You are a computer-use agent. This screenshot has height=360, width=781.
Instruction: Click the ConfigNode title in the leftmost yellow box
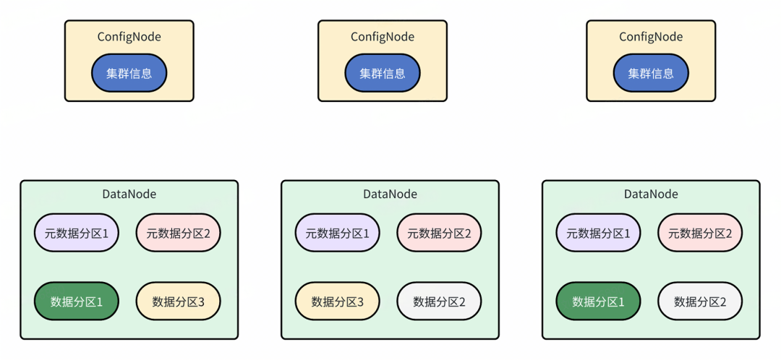[x=129, y=37]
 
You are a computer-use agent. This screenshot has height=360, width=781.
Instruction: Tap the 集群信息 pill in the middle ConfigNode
[x=383, y=74]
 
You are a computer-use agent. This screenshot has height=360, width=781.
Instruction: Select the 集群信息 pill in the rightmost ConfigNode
[x=651, y=74]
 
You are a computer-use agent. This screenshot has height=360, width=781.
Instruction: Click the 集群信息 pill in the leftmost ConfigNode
[x=129, y=74]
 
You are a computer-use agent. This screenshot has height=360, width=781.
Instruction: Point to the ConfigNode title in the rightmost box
[x=651, y=37]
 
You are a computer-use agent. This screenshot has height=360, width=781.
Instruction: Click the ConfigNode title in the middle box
[x=383, y=37]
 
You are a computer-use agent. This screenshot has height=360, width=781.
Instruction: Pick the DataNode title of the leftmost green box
[x=129, y=194]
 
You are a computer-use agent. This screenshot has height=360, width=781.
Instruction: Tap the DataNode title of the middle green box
[x=390, y=194]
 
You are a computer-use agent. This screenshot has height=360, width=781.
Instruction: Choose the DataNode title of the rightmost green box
[x=651, y=194]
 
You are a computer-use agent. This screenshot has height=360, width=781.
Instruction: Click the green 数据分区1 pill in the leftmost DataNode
[x=77, y=301]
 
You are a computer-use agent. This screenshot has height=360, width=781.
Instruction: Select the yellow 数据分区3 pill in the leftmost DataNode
[x=178, y=301]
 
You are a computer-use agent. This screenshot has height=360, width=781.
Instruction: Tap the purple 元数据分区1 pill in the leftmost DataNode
[x=77, y=233]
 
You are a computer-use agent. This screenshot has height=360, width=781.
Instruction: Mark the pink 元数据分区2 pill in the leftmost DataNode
[x=178, y=233]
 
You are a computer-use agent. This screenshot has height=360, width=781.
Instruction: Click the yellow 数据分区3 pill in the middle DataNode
[x=337, y=301]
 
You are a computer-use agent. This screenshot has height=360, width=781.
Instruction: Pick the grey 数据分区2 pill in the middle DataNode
[x=439, y=301]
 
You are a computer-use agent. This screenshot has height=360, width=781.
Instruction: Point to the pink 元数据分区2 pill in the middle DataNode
[x=439, y=233]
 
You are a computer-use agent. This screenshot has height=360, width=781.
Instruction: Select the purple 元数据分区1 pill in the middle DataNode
[x=337, y=233]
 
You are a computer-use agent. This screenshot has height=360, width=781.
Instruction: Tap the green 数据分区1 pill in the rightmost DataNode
[x=598, y=301]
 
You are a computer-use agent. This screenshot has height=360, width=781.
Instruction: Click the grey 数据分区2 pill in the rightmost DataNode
[x=700, y=301]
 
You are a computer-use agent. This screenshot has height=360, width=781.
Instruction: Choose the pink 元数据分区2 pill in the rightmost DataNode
[x=700, y=233]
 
